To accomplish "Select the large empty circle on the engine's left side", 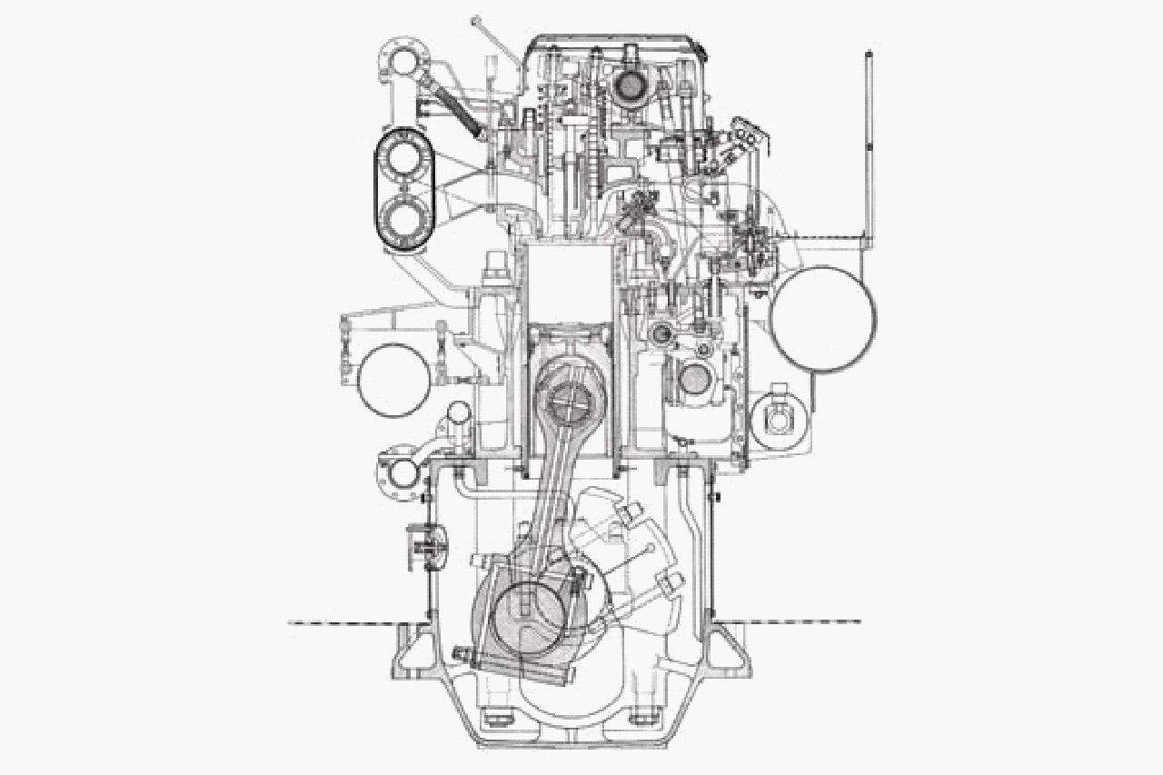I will [x=393, y=381].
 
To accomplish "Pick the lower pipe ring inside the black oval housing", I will [x=402, y=219].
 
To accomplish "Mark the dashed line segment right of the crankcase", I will [x=800, y=622].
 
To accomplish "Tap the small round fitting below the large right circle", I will [x=780, y=420].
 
